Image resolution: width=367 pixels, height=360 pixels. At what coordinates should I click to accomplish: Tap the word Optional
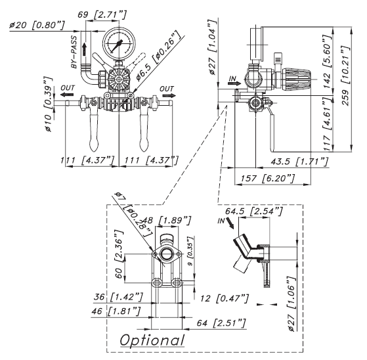tap(152, 340)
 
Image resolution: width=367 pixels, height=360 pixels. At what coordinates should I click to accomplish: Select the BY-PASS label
tap(74, 52)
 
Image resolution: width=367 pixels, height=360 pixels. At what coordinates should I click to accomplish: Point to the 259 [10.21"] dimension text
tap(347, 76)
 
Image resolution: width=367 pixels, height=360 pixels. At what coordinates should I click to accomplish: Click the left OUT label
tap(68, 88)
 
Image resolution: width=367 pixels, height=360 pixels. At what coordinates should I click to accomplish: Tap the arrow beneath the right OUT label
tap(169, 95)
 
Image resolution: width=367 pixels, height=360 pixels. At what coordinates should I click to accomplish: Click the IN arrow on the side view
tap(234, 83)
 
